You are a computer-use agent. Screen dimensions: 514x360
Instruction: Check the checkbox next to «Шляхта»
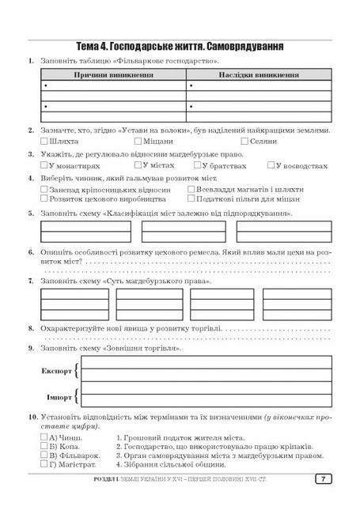pos(44,141)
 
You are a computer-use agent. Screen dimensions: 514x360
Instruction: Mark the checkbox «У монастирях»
pos(44,166)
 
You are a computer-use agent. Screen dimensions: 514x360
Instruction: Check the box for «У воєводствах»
pos(271,165)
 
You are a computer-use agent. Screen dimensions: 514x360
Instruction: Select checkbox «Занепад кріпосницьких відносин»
pos(44,191)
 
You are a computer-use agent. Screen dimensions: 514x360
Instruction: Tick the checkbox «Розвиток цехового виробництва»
pos(44,201)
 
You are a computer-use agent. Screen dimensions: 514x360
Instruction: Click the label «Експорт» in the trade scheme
pos(54,370)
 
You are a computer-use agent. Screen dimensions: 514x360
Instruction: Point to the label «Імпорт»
pos(55,395)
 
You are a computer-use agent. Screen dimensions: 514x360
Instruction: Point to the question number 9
pos(30,348)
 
